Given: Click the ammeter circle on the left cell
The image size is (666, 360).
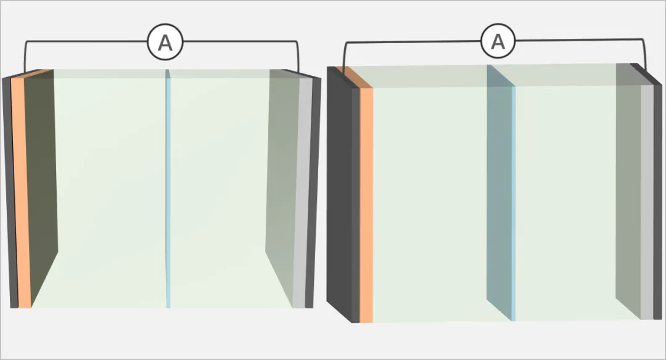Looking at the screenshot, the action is [165, 43].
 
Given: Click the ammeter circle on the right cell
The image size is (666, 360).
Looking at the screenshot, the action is [497, 43].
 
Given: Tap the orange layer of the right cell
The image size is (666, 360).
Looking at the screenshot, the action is [366, 203].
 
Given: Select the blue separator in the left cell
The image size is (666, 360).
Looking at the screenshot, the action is [168, 191].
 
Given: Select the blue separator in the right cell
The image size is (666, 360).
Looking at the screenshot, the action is [513, 203].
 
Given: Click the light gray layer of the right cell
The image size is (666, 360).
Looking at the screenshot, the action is [646, 203].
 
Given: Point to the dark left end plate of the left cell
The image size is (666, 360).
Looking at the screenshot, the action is [9, 191].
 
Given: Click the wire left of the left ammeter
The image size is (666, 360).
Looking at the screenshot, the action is [86, 42].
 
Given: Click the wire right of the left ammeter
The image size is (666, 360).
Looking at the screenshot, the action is [240, 42].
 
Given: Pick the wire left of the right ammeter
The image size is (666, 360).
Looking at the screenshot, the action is [413, 43].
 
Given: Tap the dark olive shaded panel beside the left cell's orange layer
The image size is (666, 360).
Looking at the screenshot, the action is [42, 185].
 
